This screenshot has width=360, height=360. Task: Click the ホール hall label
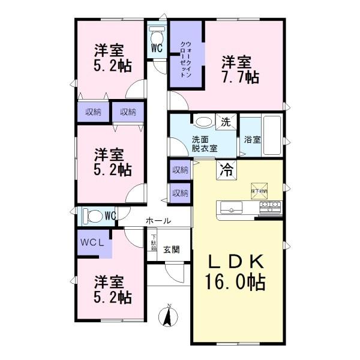[x=158, y=221]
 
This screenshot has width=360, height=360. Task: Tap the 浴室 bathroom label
[x=252, y=140]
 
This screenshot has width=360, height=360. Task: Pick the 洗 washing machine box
[x=226, y=122]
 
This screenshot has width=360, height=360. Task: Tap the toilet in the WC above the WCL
[x=91, y=215]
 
